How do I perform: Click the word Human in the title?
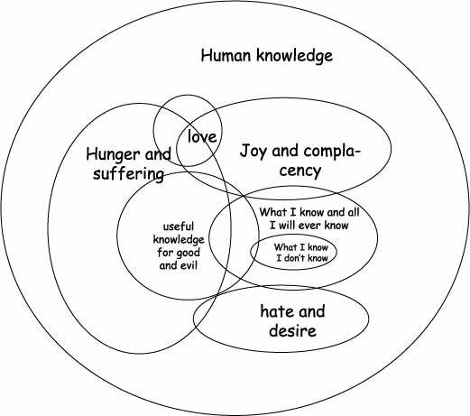click(226, 56)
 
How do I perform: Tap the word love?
click(202, 137)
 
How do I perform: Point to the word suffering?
click(129, 174)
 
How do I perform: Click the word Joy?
click(254, 152)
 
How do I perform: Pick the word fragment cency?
click(300, 171)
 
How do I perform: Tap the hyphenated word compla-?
click(332, 152)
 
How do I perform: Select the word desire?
click(292, 330)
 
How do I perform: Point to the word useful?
click(179, 226)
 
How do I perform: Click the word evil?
click(190, 265)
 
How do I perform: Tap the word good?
click(189, 254)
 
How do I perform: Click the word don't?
click(295, 258)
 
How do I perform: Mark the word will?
click(286, 225)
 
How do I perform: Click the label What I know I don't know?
click(301, 253)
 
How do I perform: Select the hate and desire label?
click(292, 321)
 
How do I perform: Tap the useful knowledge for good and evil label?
click(179, 246)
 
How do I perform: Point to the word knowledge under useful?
click(179, 240)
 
